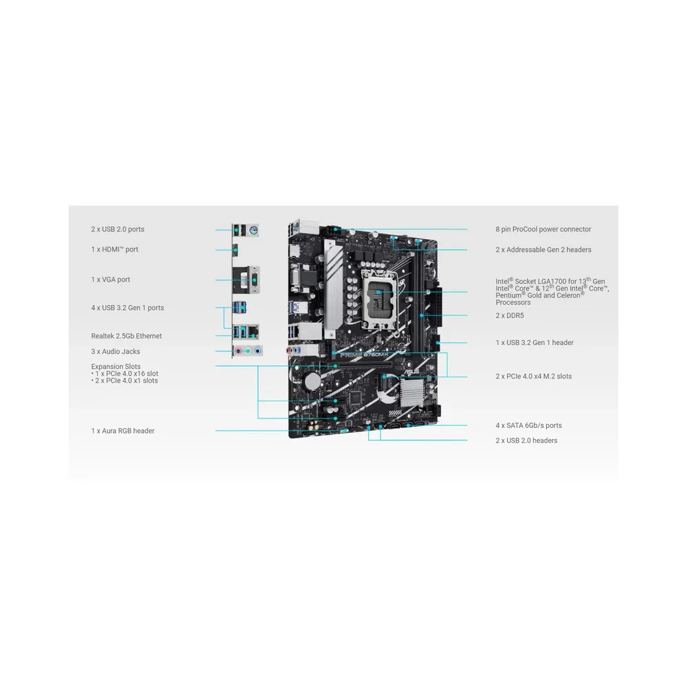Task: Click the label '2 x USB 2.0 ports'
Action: point(117,229)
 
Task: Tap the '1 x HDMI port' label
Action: point(114,249)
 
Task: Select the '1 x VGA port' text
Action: point(111,280)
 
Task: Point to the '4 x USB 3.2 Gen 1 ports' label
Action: point(128,308)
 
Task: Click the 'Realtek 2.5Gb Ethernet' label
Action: point(126,336)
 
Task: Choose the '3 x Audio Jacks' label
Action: point(115,351)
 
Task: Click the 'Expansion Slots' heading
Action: point(115,366)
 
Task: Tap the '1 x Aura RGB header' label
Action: point(123,431)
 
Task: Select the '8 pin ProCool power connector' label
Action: point(543,229)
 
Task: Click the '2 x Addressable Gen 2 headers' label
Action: point(543,250)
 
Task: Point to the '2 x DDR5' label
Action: point(510,315)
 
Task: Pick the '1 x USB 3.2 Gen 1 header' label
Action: point(534,343)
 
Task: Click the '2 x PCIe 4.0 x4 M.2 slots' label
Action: point(534,376)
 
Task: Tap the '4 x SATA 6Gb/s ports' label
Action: point(528,425)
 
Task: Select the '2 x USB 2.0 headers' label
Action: point(526,441)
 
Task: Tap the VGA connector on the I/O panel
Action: point(254,279)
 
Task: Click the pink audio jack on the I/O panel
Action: point(238,351)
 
